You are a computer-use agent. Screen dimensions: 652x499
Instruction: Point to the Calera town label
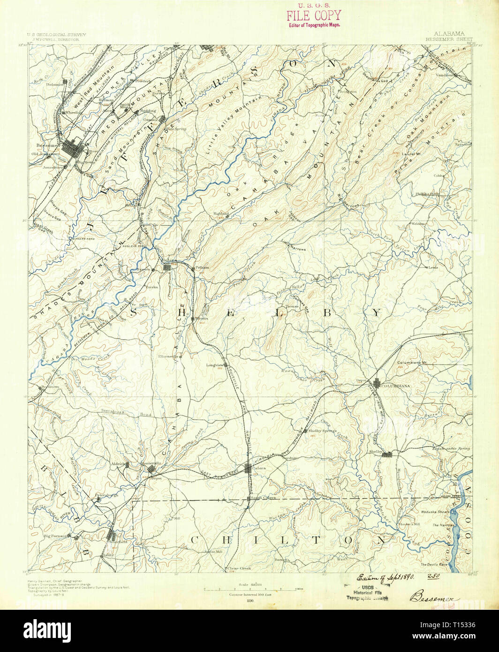click(259, 468)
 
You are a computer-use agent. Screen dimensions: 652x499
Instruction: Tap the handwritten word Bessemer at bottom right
click(434, 597)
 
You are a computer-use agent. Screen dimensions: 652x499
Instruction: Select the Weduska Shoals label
click(434, 512)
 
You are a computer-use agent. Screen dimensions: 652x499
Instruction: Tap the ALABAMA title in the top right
click(449, 34)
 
